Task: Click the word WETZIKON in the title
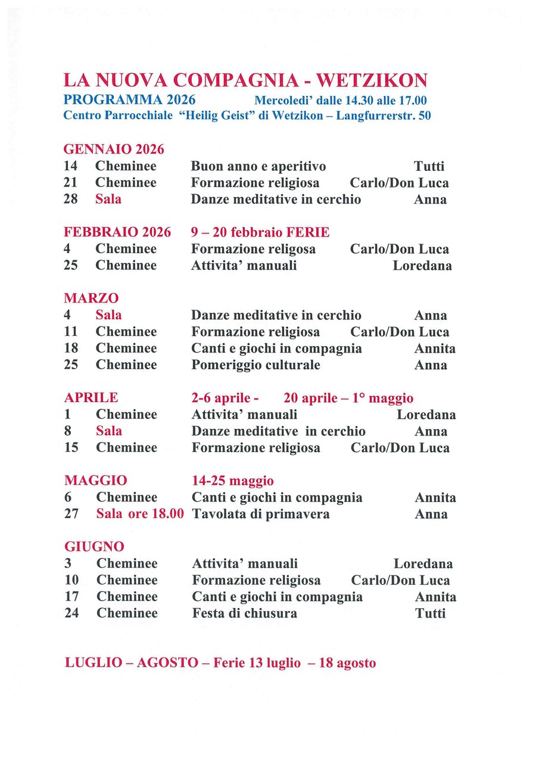(x=372, y=80)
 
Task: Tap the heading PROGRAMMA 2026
(x=130, y=99)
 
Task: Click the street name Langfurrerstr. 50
(x=384, y=116)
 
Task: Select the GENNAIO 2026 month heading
(x=114, y=149)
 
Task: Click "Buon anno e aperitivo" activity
(x=258, y=166)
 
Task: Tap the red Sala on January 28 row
(x=108, y=199)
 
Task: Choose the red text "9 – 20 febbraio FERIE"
(x=260, y=232)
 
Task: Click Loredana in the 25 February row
(x=422, y=265)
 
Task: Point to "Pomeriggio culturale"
(x=255, y=365)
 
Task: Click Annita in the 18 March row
(x=435, y=348)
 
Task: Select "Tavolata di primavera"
(x=261, y=513)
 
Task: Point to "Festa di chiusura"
(x=244, y=613)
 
